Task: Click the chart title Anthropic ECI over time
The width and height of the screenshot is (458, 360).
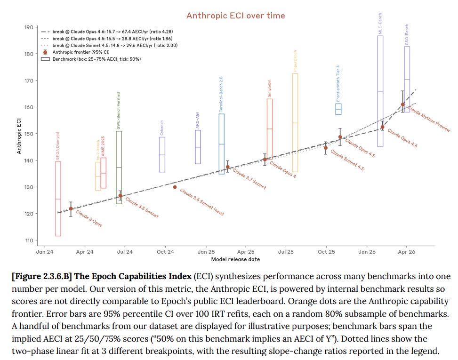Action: click(x=235, y=16)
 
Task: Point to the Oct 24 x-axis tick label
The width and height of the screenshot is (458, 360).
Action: click(x=165, y=252)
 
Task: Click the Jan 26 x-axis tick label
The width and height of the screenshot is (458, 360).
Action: click(x=367, y=252)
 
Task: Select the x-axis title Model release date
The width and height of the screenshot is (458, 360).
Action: click(x=235, y=259)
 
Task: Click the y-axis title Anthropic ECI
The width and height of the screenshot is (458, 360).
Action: click(x=19, y=134)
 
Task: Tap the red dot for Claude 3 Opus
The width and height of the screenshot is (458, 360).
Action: click(x=71, y=208)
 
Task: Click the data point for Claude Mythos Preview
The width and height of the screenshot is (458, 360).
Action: click(x=402, y=104)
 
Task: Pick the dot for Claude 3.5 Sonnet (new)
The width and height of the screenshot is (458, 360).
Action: click(x=175, y=187)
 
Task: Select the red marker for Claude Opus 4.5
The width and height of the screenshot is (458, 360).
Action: click(x=340, y=137)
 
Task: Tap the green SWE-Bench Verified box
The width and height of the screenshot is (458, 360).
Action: click(x=119, y=167)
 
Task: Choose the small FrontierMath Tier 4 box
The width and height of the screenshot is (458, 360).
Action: click(x=338, y=109)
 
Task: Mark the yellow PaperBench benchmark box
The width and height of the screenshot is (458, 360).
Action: click(x=295, y=122)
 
